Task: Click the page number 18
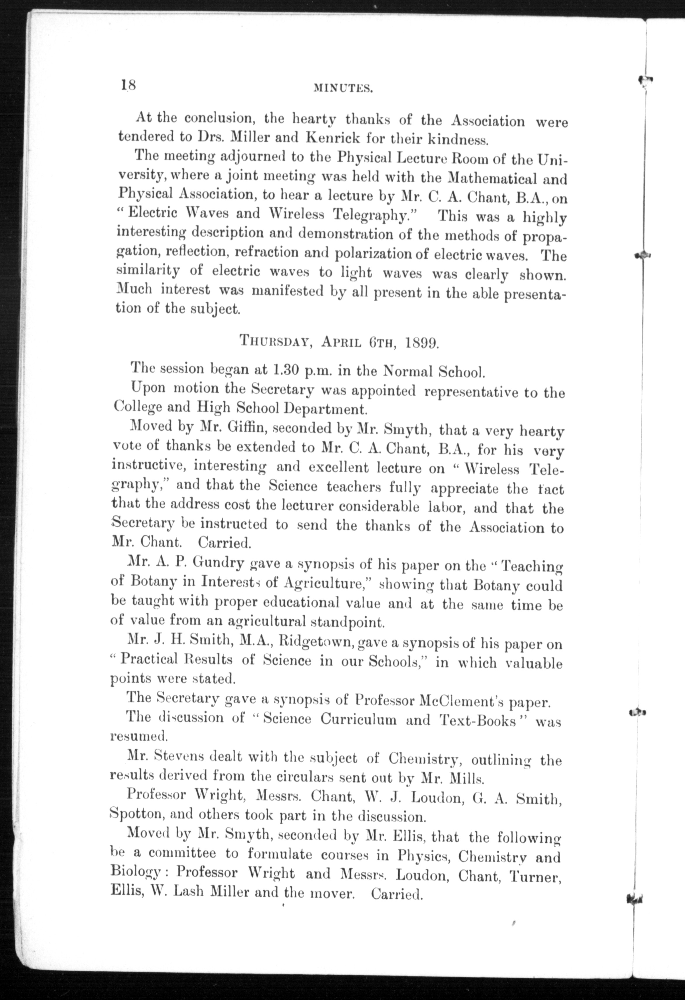(x=128, y=84)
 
